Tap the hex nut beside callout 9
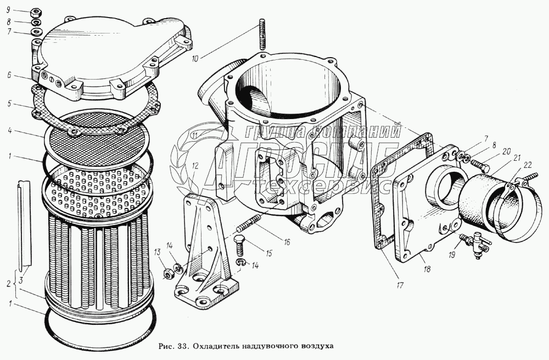pos(36,13)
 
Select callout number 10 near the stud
pos(195,59)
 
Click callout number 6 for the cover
pos(9,75)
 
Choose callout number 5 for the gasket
pos(9,104)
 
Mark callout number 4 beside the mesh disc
pos(9,132)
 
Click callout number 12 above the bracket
pos(195,166)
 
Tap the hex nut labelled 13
pos(167,273)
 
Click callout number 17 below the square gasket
pos(400,285)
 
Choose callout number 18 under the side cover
pos(427,269)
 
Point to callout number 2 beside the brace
pos(9,284)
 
